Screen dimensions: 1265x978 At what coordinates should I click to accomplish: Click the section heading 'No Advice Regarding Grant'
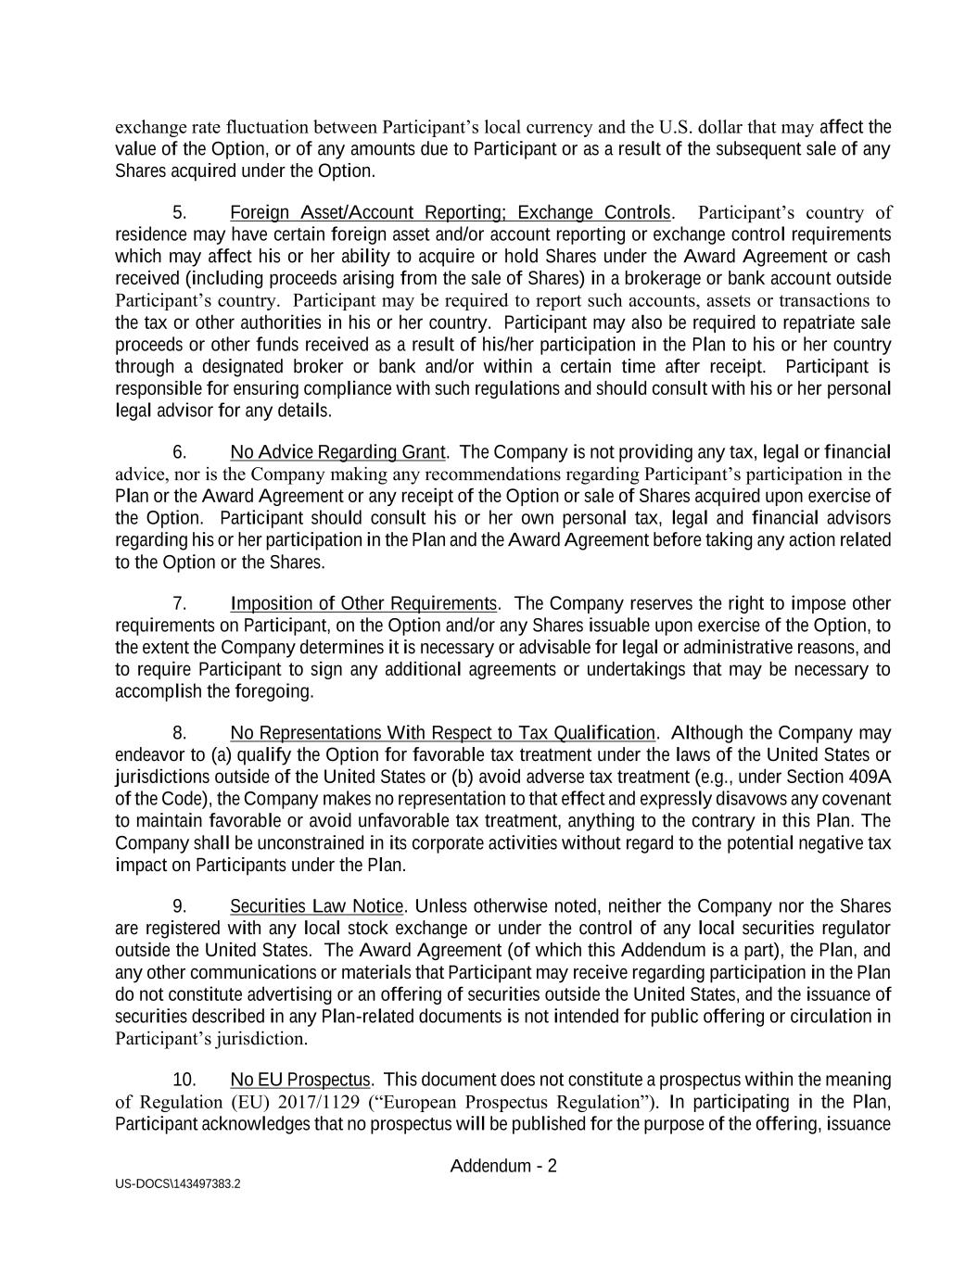pos(338,453)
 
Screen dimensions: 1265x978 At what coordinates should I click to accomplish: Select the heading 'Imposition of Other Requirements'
pos(363,604)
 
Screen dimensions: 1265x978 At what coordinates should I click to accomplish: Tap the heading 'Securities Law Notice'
pos(317,906)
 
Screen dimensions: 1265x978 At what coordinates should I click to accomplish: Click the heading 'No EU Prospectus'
pos(300,1081)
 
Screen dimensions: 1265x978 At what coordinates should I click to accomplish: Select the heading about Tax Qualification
pos(442,733)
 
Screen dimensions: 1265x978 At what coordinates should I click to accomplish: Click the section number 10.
pos(184,1081)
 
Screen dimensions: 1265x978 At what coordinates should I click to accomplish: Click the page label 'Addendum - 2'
pos(503,1166)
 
